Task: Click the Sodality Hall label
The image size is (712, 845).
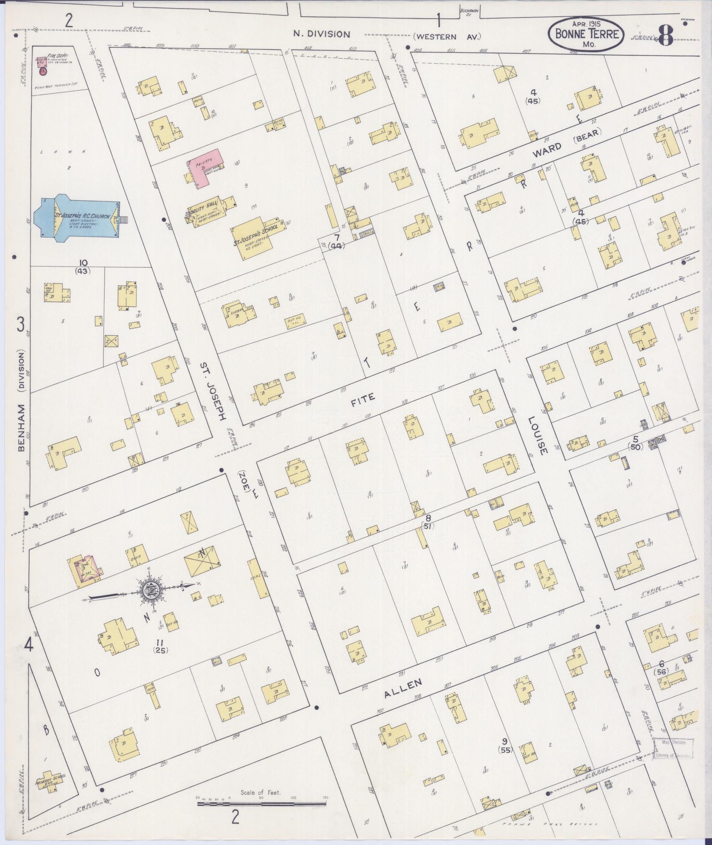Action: [x=203, y=206]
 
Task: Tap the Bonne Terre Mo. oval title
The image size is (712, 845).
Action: [x=586, y=34]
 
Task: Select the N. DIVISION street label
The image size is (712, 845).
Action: [x=322, y=34]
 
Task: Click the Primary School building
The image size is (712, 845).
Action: [x=51, y=782]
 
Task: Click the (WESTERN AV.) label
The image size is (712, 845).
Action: [x=447, y=37]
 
